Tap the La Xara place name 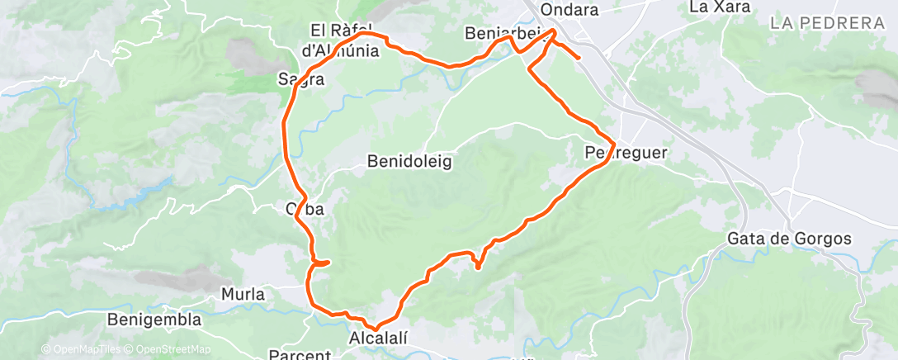point(719,7)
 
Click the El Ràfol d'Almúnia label point(344,40)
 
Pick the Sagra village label point(300,80)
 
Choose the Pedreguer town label point(624,153)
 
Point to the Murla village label point(243,294)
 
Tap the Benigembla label point(155,320)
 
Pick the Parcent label point(299,355)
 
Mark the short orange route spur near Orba point(324,263)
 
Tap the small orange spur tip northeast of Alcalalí point(478,266)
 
